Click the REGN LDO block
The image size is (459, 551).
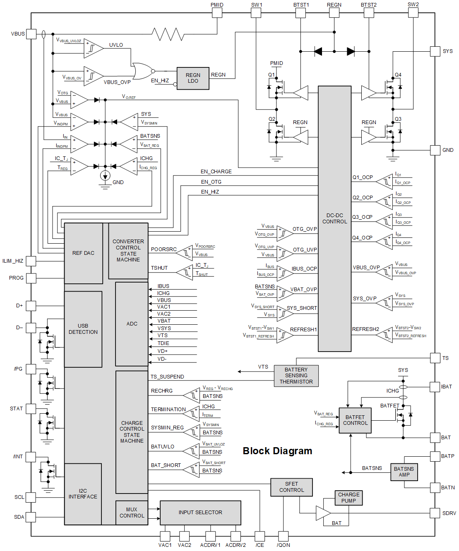193,78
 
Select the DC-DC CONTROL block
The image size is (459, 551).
335,218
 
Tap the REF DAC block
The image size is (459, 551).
83,253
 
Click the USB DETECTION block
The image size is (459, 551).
83,329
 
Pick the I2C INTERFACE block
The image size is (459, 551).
83,494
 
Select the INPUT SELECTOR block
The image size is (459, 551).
200,513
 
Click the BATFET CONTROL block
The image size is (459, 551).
355,420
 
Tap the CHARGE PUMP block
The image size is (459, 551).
348,498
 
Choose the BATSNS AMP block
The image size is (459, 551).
404,472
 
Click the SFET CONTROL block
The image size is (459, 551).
291,487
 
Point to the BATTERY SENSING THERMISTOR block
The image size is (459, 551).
296,376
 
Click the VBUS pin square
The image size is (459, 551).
31,34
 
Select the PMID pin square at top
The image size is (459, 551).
217,13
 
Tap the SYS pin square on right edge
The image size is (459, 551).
435,51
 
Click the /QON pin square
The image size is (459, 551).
284,537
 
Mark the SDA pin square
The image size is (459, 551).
31,517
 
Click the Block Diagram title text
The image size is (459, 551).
277,451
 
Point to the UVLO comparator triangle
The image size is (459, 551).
93,49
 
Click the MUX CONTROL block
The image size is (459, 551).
132,513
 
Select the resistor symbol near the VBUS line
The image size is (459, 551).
168,34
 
